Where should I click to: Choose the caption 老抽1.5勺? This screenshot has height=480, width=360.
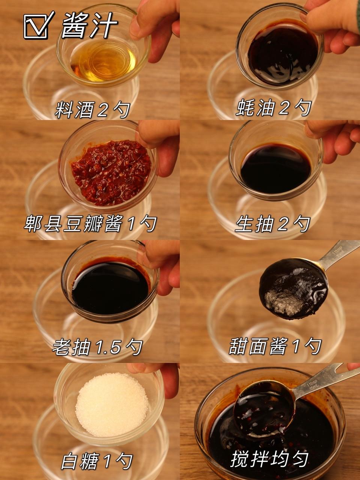pyautogui.click(x=97, y=347)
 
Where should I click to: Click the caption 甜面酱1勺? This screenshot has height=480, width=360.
pyautogui.click(x=274, y=346)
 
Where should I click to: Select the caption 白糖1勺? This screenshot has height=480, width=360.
pyautogui.click(x=97, y=461)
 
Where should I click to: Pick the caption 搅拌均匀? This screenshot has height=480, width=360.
pyautogui.click(x=270, y=460)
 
